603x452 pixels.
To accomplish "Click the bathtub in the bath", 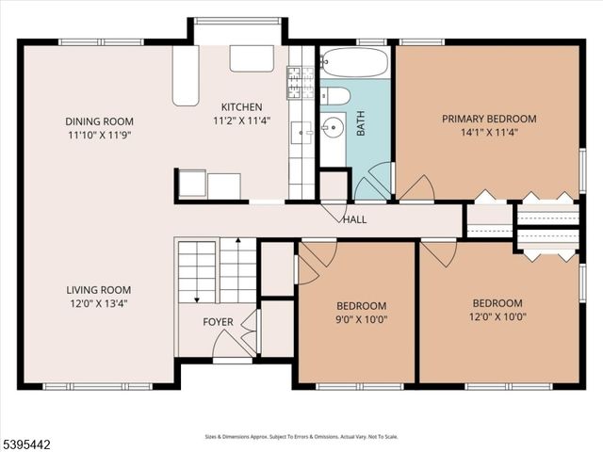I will pos(353,62).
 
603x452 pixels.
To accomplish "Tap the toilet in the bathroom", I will pos(336,95).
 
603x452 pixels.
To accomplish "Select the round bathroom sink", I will pos(333,127).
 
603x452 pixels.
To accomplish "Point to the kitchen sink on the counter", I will pos(302,133).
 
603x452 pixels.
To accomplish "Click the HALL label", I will pos(355,220).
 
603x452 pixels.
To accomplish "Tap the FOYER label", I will pos(219,323).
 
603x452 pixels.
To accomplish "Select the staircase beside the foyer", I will pos(217,270).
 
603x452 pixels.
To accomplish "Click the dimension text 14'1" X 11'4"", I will pos(489,133).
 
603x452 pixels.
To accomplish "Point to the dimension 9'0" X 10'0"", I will pos(362,319).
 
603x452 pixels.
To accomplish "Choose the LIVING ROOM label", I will pos(98,290).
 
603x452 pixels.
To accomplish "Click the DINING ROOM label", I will pos(99,121).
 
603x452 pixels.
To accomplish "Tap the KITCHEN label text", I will pos(242,107).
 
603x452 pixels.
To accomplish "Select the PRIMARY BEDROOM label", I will pos(489,119).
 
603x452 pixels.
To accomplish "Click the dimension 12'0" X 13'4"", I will pos(98,303).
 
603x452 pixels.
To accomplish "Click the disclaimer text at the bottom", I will pos(301,437).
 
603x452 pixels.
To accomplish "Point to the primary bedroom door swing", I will pos(416,189).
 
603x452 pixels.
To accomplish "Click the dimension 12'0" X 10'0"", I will pos(497,317).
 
